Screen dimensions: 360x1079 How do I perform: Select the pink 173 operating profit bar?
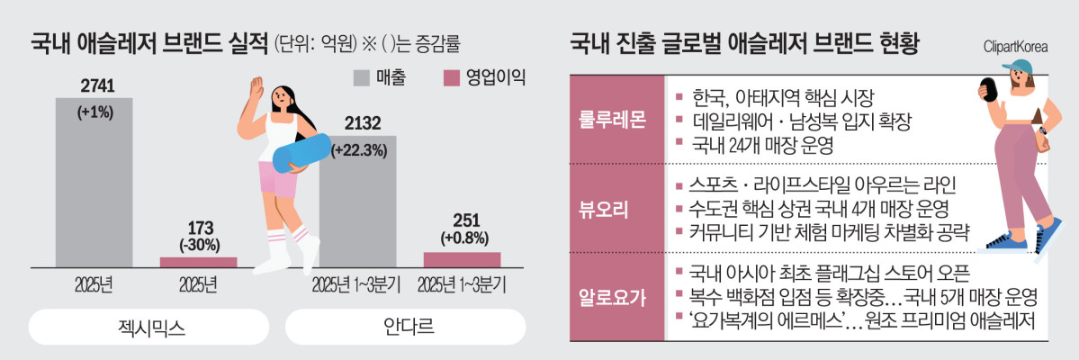point(198,262)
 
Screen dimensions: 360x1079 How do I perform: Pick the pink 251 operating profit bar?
point(462,259)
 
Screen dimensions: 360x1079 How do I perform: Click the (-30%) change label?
point(198,244)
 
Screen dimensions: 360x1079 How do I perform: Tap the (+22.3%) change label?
point(359,150)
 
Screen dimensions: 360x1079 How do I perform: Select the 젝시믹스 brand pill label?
point(149,327)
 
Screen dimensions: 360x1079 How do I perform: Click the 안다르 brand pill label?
point(405,327)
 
